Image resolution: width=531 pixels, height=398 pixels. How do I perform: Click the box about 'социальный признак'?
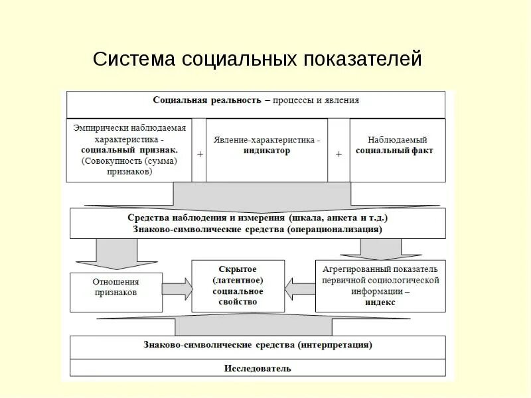tap(129, 150)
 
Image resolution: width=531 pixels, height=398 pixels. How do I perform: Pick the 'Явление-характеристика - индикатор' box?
tap(266, 150)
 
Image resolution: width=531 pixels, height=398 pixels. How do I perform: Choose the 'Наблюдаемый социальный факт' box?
tap(397, 150)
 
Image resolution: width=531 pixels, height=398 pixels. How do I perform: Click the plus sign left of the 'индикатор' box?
tap(200, 154)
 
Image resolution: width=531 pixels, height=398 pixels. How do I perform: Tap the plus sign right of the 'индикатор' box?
tap(339, 154)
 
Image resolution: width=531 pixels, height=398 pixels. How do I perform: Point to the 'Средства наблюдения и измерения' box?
tap(258, 223)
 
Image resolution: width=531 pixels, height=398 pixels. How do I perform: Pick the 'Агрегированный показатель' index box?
tap(380, 286)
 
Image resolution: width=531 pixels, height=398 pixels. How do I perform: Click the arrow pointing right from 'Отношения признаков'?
tap(177, 287)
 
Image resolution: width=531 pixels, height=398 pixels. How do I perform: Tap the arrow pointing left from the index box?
tap(300, 287)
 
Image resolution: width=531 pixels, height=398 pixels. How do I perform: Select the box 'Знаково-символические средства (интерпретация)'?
tap(258, 346)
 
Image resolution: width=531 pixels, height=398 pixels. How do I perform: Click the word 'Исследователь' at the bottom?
tap(258, 368)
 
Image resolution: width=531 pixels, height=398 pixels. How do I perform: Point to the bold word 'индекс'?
tap(380, 302)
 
